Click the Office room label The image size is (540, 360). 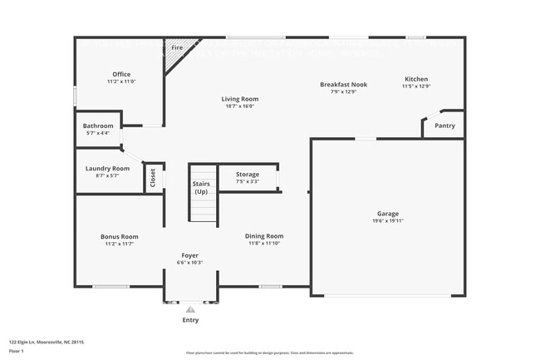121,74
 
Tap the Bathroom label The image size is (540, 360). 98,126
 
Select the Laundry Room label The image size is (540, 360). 108,169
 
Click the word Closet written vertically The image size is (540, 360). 153,178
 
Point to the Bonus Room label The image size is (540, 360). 120,236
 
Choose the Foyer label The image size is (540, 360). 190,254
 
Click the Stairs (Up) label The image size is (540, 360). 201,187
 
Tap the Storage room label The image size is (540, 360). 248,174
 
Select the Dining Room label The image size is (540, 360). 265,236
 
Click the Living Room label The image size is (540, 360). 239,99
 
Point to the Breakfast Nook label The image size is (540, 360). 343,84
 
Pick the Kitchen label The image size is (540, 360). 415,79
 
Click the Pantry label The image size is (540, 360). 445,126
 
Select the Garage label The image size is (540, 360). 387,213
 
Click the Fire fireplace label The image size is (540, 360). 177,48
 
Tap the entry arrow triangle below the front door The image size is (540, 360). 190,308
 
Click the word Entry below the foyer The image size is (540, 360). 190,320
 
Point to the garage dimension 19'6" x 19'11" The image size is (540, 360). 387,220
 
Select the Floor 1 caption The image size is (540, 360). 16,352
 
